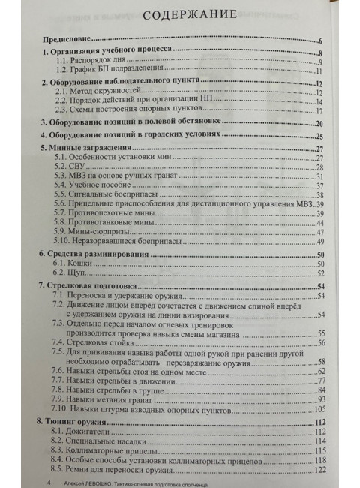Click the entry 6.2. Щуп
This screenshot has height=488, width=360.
[75, 276]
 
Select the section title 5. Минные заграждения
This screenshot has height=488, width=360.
[94, 149]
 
